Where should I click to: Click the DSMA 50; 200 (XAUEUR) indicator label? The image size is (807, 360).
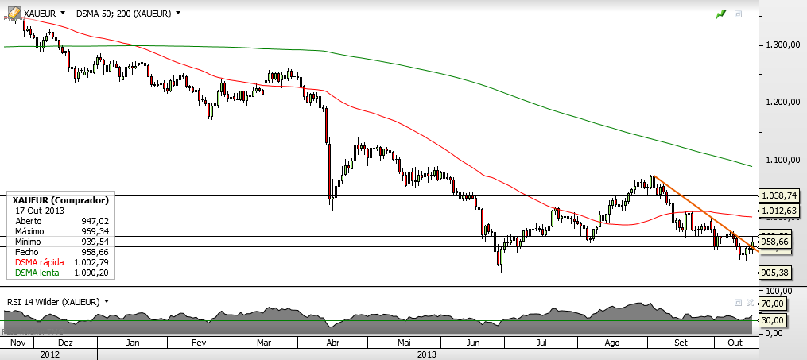pyautogui.click(x=127, y=14)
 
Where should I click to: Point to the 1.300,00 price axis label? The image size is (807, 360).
pyautogui.click(x=781, y=45)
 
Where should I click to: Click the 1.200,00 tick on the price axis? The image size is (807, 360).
pyautogui.click(x=781, y=103)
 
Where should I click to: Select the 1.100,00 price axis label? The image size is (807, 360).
pyautogui.click(x=781, y=161)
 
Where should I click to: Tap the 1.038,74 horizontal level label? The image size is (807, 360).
pyautogui.click(x=779, y=195)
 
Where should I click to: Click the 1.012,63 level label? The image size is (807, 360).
pyautogui.click(x=779, y=211)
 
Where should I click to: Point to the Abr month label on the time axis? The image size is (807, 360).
pyautogui.click(x=333, y=343)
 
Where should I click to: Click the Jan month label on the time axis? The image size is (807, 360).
pyautogui.click(x=133, y=343)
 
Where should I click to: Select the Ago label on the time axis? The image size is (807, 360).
pyautogui.click(x=612, y=343)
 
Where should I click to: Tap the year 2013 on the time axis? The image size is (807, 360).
pyautogui.click(x=428, y=354)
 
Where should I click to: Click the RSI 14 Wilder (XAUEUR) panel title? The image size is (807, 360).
pyautogui.click(x=53, y=302)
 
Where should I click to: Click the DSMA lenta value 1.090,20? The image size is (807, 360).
pyautogui.click(x=95, y=273)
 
